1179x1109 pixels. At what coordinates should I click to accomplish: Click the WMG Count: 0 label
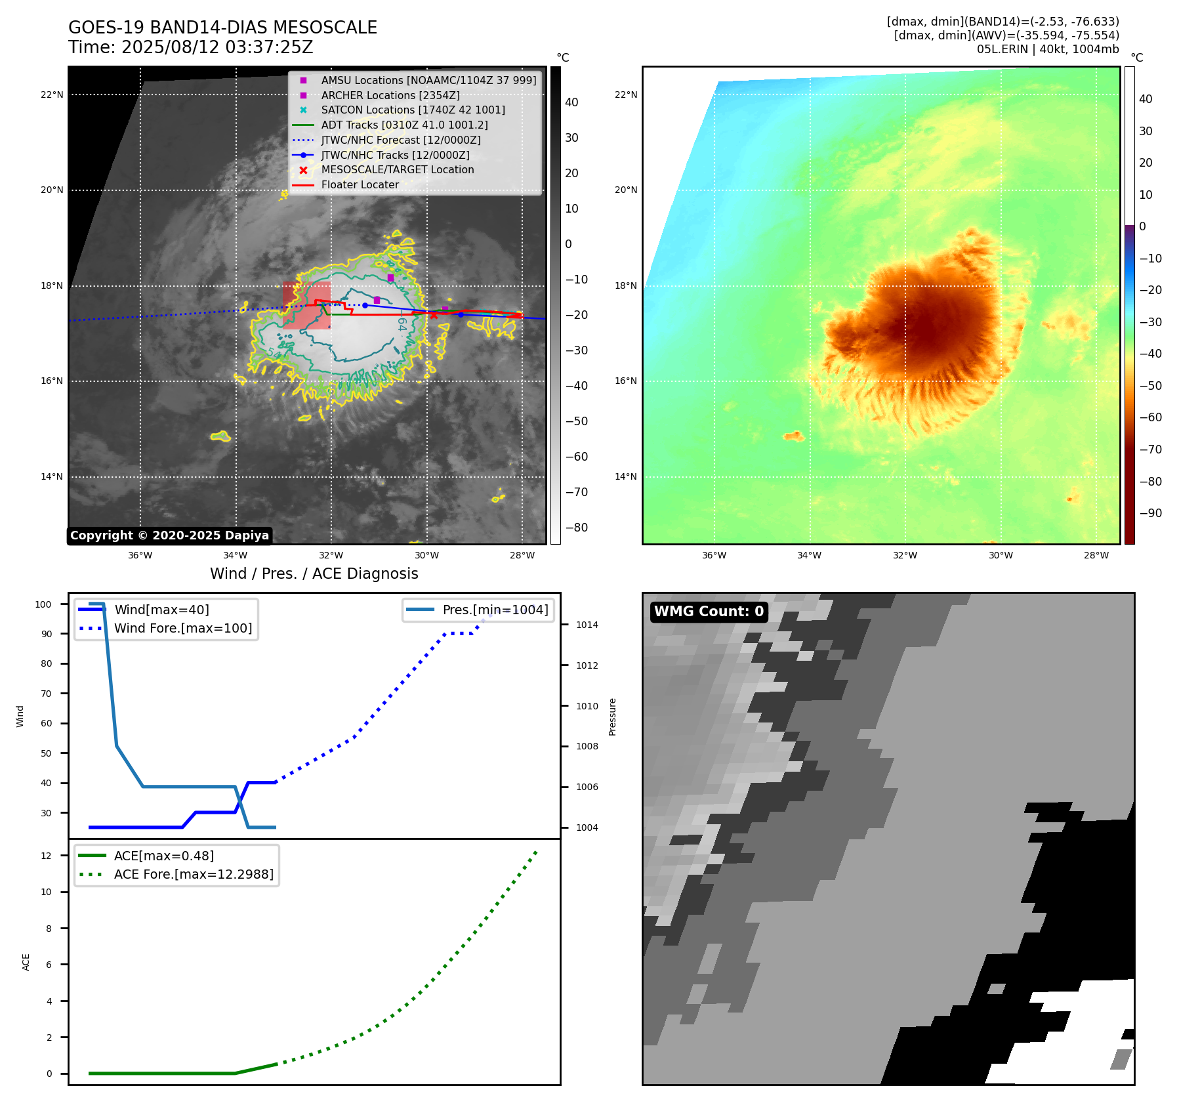[x=709, y=612]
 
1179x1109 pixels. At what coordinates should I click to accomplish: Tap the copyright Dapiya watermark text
[x=169, y=535]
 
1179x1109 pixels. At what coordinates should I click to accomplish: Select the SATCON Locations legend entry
[x=413, y=110]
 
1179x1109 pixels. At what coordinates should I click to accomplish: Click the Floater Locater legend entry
[x=360, y=184]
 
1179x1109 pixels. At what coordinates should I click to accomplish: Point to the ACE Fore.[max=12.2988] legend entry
[x=194, y=874]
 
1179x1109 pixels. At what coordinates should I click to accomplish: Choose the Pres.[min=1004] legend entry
[x=495, y=610]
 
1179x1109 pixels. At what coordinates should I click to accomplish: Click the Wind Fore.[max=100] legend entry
[x=183, y=628]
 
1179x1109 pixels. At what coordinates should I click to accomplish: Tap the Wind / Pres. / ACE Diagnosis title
[x=314, y=574]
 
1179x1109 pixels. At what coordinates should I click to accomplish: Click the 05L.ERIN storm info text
[x=1047, y=49]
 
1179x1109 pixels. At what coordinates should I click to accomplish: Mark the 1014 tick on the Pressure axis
[x=587, y=625]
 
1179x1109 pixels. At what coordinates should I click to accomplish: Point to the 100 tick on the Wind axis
[x=43, y=604]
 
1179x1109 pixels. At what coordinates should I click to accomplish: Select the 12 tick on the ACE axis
[x=46, y=856]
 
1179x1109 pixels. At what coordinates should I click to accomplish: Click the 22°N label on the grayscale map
[x=52, y=94]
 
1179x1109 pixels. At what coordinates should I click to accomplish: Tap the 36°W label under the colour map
[x=714, y=555]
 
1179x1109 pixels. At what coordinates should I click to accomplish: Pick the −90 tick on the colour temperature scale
[x=1150, y=513]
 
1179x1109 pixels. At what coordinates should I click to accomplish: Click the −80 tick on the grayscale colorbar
[x=577, y=528]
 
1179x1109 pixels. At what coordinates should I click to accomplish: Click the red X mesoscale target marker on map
[x=433, y=316]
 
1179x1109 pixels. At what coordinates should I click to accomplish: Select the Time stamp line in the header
[x=190, y=47]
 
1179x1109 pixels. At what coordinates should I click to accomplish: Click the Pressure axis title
[x=612, y=717]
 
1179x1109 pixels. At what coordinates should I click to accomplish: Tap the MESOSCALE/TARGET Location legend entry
[x=397, y=169]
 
